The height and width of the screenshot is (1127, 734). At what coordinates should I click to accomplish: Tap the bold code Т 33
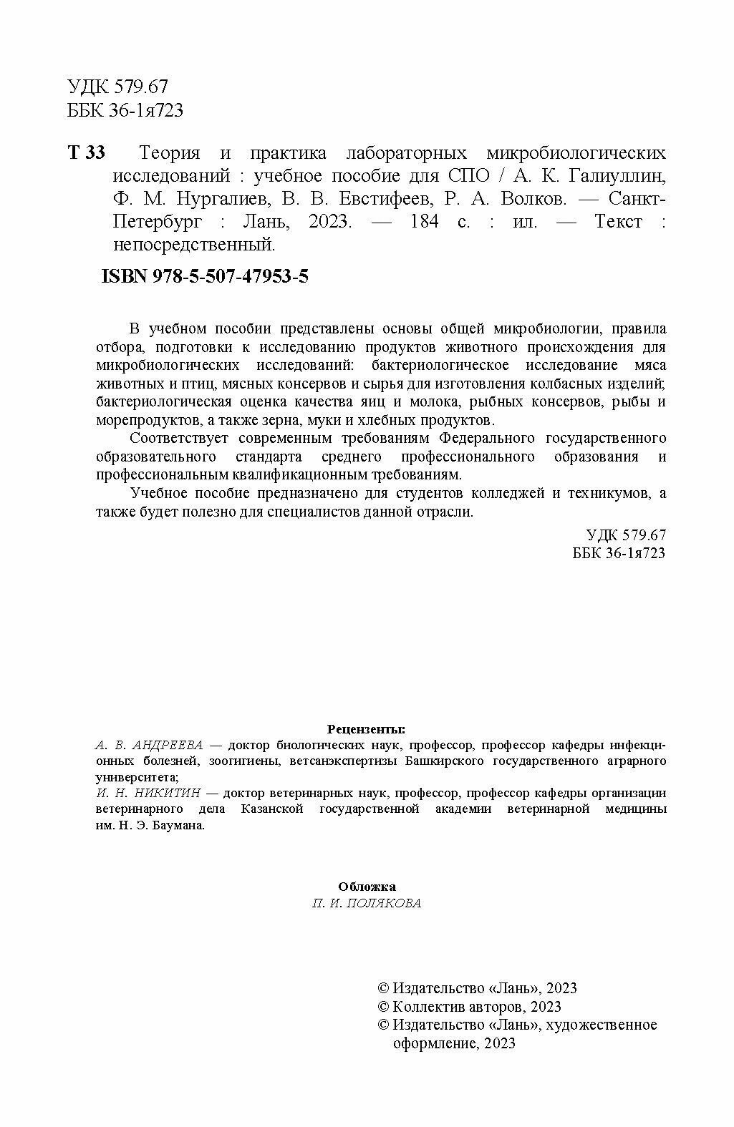pyautogui.click(x=86, y=153)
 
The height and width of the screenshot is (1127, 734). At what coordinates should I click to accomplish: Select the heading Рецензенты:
pyautogui.click(x=366, y=729)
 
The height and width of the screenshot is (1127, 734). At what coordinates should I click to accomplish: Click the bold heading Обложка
pyautogui.click(x=367, y=887)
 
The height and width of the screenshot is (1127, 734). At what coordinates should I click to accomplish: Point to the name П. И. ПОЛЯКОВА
pyautogui.click(x=367, y=903)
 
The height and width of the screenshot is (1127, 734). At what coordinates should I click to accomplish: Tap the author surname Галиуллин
pyautogui.click(x=625, y=176)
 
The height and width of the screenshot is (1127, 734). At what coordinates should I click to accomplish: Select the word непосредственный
pyautogui.click(x=193, y=245)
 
